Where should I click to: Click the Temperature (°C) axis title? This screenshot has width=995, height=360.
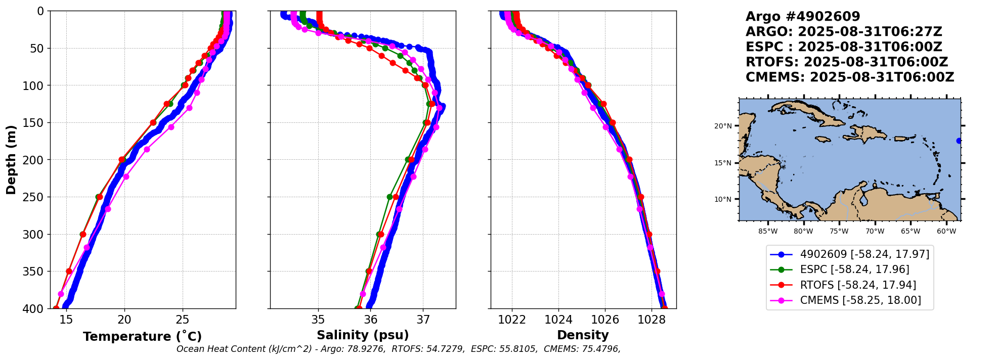pyautogui.click(x=142, y=337)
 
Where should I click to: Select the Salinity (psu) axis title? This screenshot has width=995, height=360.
pyautogui.click(x=363, y=335)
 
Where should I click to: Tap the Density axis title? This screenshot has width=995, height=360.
pyautogui.click(x=583, y=335)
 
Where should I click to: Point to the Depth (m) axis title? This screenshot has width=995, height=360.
pyautogui.click(x=11, y=159)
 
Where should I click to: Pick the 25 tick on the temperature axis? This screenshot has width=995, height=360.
pyautogui.click(x=183, y=320)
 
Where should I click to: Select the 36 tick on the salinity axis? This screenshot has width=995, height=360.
pyautogui.click(x=371, y=320)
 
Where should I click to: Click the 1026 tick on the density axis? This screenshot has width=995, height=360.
pyautogui.click(x=605, y=320)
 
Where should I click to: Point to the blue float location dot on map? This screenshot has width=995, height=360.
pyautogui.click(x=959, y=141)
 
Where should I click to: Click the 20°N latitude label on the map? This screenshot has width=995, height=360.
pyautogui.click(x=723, y=126)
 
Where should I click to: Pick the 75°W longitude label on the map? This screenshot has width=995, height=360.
pyautogui.click(x=839, y=232)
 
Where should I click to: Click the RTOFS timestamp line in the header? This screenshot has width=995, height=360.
pyautogui.click(x=846, y=62)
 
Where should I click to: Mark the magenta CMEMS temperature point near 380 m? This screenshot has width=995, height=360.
pyautogui.click(x=61, y=294)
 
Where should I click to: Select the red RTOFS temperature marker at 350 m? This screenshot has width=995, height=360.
pyautogui.click(x=69, y=272)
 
